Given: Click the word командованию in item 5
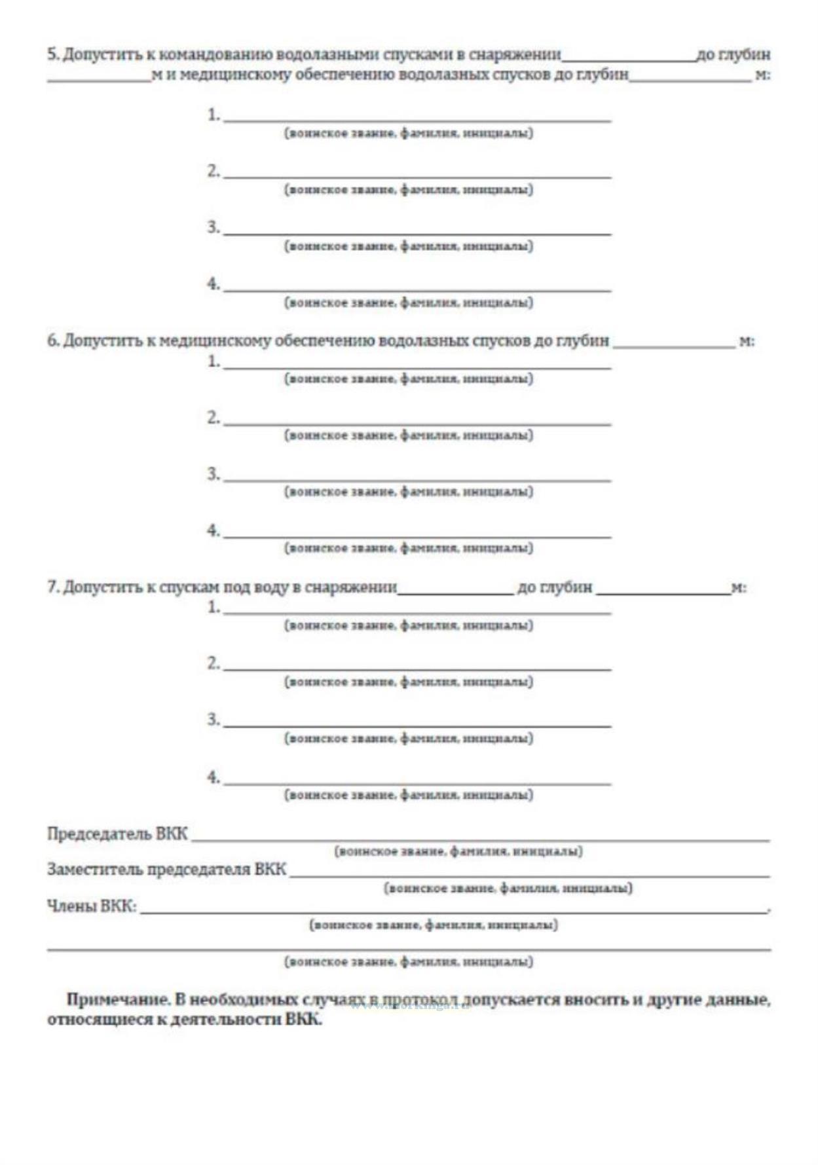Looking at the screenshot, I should tap(215, 54).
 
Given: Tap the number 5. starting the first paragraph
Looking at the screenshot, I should tap(53, 54).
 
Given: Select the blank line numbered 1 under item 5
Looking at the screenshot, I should tap(417, 118).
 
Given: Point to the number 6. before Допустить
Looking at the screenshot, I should tap(53, 341).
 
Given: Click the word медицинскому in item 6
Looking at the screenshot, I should tap(215, 341).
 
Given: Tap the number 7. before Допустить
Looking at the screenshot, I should tap(53, 587).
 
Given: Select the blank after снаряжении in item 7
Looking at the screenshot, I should tap(456, 591).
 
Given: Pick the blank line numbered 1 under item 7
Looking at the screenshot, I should tap(417, 610).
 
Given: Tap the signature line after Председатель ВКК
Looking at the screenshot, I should tap(479, 838).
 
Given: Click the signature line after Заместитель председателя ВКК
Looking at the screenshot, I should tap(529, 874).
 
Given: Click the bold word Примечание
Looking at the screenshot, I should tap(117, 1001).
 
